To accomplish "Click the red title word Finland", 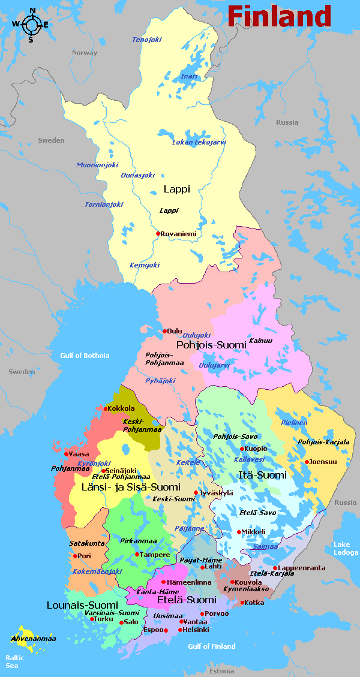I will pos(279,16).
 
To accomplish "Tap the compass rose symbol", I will pos(31,25).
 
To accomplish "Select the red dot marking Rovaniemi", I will pos(158,234).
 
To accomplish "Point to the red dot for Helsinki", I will pos(180,630).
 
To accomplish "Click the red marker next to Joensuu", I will pos(307,462).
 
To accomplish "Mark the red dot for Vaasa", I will pos(67,454).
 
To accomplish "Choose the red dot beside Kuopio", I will pos(242,449).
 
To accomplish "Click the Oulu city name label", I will pos(175,330).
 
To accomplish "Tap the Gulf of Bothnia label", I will pos(85,356).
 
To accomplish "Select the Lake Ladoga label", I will pos(346,548).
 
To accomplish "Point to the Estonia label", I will pos(222,670).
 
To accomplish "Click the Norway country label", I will pos(85,53).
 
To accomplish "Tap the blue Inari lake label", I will pos(189,76).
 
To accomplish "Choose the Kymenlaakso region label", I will pos(246,589).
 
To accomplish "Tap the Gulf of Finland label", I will pos(211,646).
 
